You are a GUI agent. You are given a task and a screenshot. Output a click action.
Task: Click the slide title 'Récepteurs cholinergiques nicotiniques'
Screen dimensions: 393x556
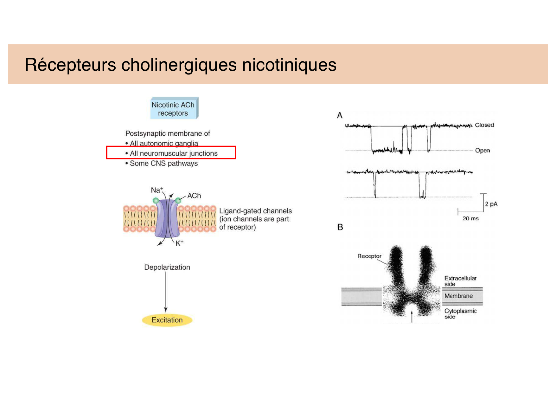(181, 65)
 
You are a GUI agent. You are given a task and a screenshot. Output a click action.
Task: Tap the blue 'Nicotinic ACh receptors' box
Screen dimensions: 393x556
(173, 109)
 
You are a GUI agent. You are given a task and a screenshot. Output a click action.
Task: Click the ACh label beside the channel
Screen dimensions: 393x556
(194, 196)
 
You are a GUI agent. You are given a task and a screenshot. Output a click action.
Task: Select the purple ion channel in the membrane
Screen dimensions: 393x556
(167, 219)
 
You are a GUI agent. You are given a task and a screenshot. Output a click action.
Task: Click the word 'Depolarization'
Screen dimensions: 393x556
(167, 267)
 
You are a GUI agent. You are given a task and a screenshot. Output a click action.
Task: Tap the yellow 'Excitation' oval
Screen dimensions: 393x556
(167, 320)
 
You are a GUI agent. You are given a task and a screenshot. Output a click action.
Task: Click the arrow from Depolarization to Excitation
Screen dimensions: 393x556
(166, 292)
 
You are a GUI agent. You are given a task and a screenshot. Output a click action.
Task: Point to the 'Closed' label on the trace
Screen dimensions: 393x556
(484, 125)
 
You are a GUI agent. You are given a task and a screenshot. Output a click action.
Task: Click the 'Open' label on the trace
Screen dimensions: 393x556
(482, 151)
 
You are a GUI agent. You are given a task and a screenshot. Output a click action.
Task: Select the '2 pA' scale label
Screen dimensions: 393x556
(491, 204)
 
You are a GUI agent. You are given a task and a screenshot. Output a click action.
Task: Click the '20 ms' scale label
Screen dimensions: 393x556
(470, 218)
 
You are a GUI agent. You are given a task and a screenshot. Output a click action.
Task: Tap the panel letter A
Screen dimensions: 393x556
(340, 115)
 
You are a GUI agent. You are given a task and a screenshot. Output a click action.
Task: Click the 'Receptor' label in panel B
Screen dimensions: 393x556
(369, 256)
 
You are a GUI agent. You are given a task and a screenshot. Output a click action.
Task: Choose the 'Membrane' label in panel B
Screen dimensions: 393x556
(458, 296)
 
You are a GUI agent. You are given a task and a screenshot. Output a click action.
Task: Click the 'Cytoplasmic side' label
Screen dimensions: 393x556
(460, 313)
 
